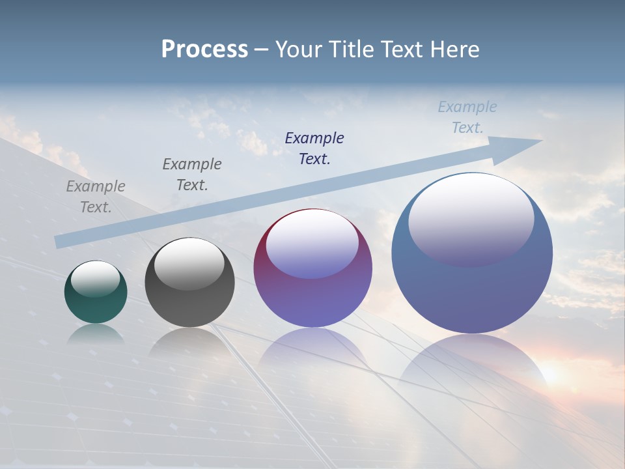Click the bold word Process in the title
pos(204,50)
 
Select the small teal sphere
pos(96,292)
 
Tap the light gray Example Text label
pos(96,197)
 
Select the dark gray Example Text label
pos(192,175)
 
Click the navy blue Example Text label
pos(314,148)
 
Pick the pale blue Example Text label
pos(467,117)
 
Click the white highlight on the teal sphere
pos(95,278)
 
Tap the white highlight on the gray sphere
pos(189,262)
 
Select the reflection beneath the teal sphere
pos(96,334)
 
